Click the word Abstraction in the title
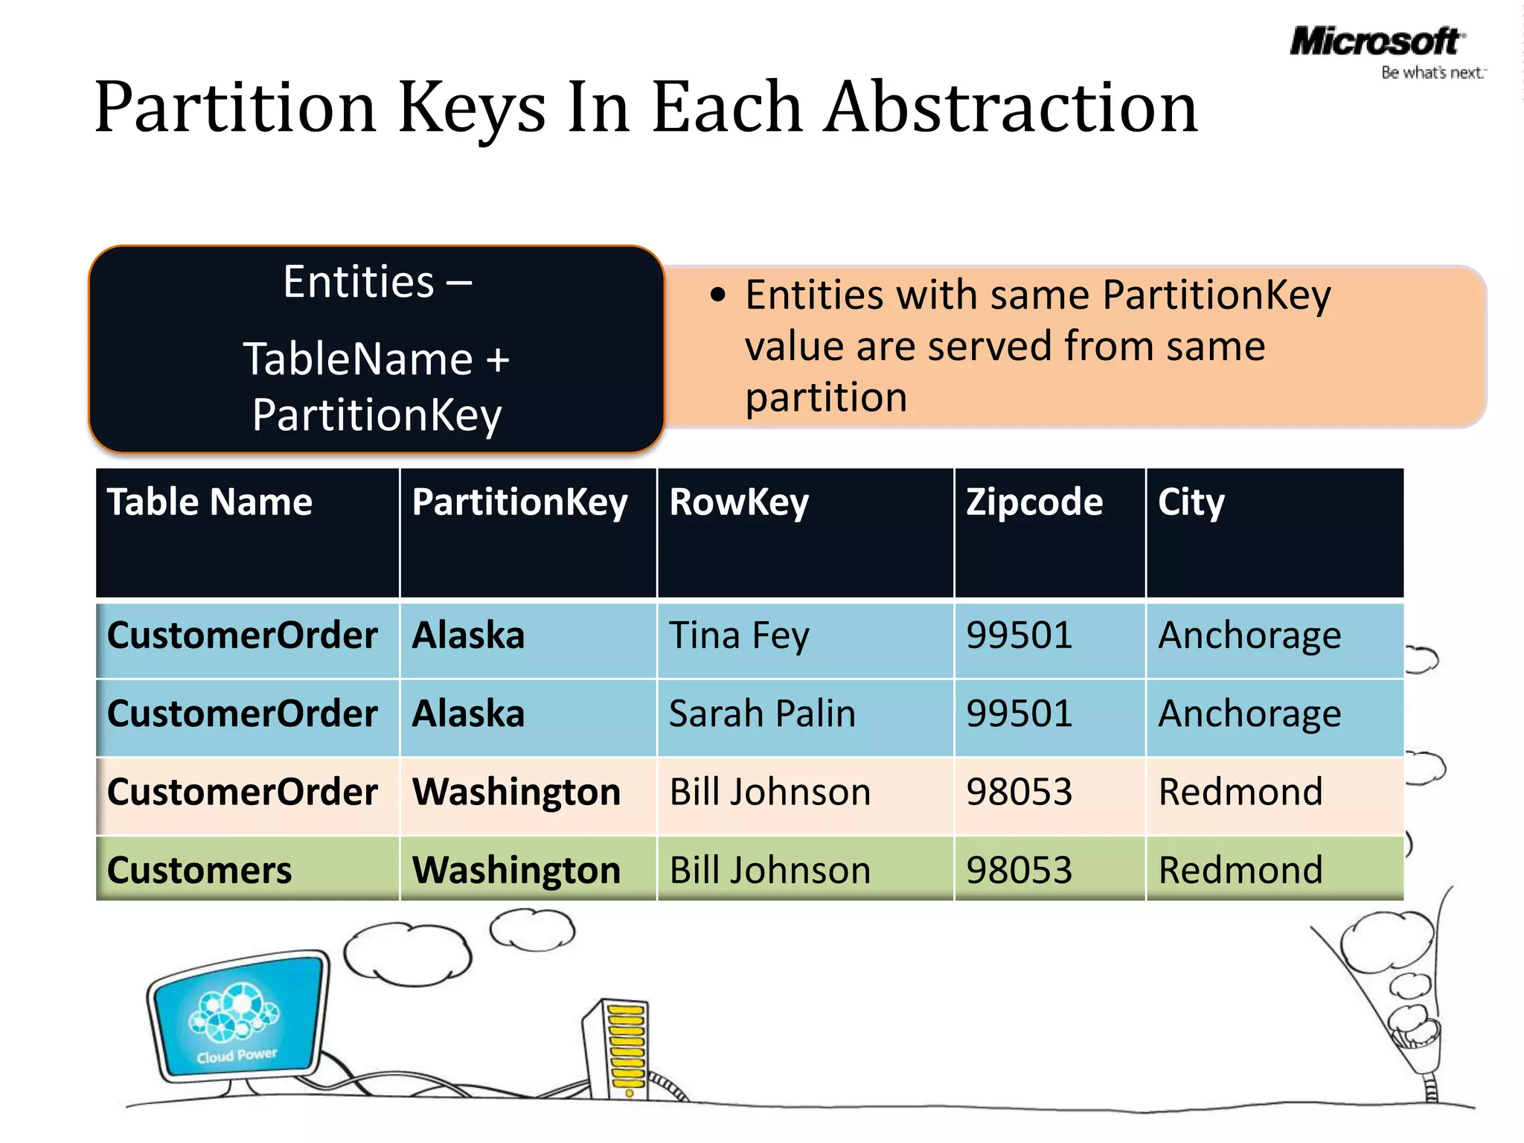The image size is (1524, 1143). coord(1011,109)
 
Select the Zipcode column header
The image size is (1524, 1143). coord(1034,502)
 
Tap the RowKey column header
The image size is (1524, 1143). coord(738,502)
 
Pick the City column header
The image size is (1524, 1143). coord(1191,502)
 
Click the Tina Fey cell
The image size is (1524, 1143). coord(738,636)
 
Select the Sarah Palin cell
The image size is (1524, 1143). coord(762,714)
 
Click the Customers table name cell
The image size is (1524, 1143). coord(199,871)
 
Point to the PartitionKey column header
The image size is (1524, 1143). coord(519,502)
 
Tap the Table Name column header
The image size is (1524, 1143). coord(210,502)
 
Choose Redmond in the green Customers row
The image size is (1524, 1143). coord(1240,871)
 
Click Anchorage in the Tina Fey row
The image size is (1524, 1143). coord(1249,636)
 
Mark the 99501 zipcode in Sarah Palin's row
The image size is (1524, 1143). coord(1019,714)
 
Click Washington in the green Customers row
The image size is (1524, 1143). coord(516,871)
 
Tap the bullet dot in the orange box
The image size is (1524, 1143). coord(717,295)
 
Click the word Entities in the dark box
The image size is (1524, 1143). coord(359,283)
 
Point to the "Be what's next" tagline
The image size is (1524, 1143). coord(1432,73)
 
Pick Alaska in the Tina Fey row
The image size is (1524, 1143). coord(468,636)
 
